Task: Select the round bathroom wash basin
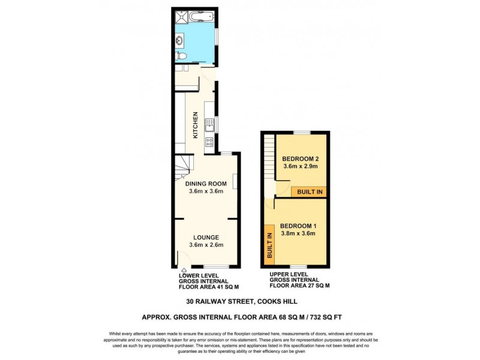181,41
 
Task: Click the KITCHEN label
195,125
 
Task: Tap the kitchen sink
210,125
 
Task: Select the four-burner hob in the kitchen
209,142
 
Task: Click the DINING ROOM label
205,184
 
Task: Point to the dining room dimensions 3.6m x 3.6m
205,192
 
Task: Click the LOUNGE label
206,237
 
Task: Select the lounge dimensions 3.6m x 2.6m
206,245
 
